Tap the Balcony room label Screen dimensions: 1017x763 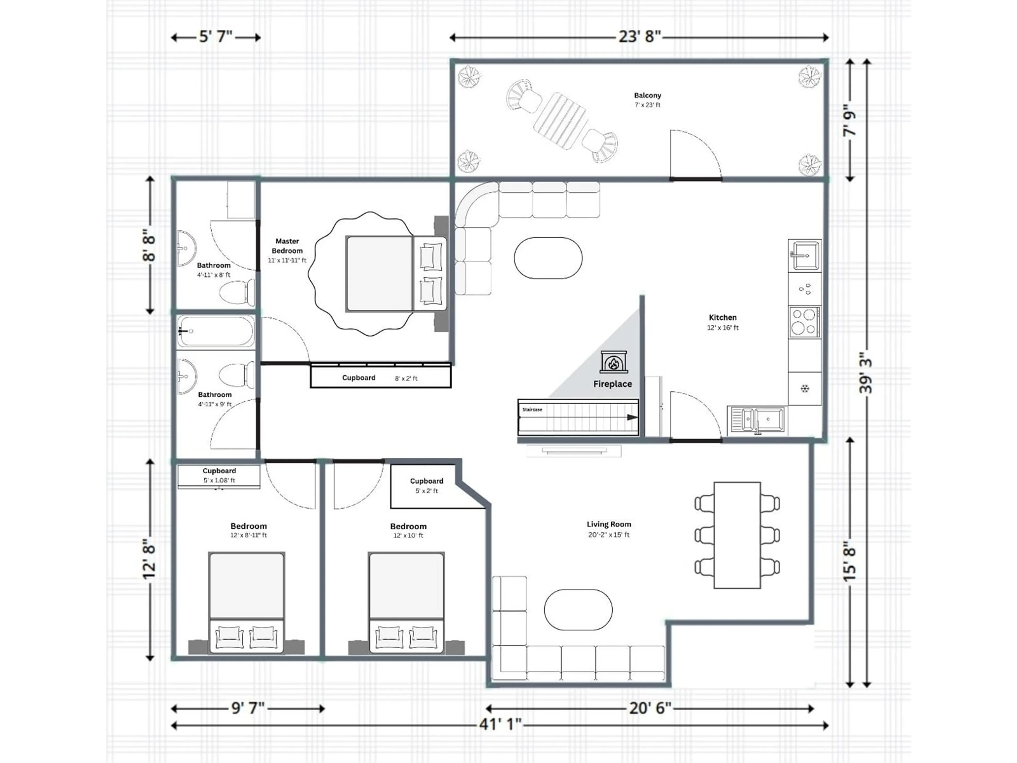(x=647, y=96)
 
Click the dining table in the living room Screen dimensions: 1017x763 (x=737, y=535)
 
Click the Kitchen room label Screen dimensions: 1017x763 (x=723, y=317)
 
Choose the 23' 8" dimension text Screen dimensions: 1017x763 (x=640, y=36)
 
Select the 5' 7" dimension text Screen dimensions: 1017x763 (x=216, y=36)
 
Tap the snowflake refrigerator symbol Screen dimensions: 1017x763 (x=805, y=389)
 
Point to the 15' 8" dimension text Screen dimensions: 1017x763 (x=850, y=564)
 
